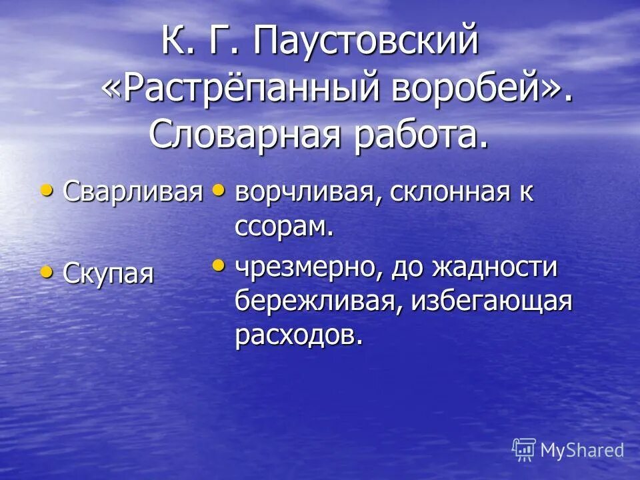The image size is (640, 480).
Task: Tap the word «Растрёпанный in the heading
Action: coord(239,88)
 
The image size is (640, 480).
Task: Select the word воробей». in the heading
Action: coord(482,88)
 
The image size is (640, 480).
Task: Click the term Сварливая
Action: coord(133,192)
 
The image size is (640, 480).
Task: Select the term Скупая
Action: coord(108,273)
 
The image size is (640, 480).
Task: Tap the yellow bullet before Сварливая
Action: coord(46,191)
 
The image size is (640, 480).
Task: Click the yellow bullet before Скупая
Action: coord(46,271)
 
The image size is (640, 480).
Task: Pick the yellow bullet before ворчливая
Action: coord(218,191)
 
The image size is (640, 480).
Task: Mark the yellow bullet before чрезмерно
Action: coord(218,265)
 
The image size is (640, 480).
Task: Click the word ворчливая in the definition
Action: coord(307,193)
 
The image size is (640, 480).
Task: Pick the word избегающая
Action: coord(493,301)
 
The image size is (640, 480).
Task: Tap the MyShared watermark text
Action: coord(581,450)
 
